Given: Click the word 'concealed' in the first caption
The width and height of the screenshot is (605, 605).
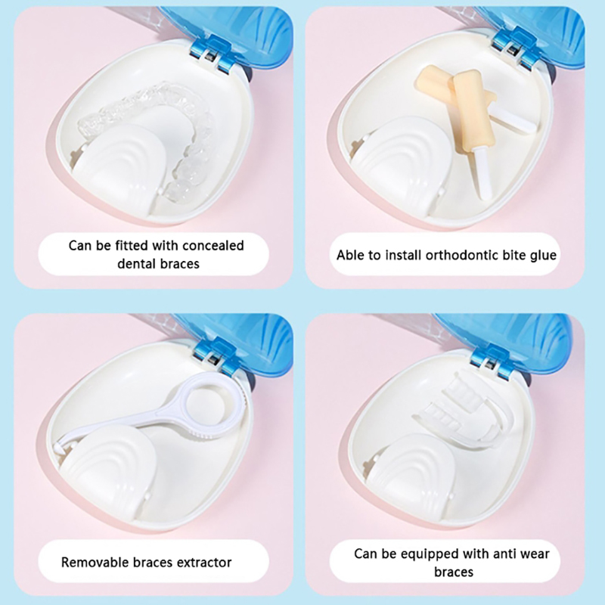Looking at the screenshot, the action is click(x=213, y=245).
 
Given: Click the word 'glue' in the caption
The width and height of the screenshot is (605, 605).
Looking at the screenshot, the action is click(x=543, y=256).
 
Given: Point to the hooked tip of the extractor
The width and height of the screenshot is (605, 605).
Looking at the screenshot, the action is click(x=59, y=448).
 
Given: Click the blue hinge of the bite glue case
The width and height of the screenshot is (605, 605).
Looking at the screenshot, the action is click(x=513, y=49).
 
